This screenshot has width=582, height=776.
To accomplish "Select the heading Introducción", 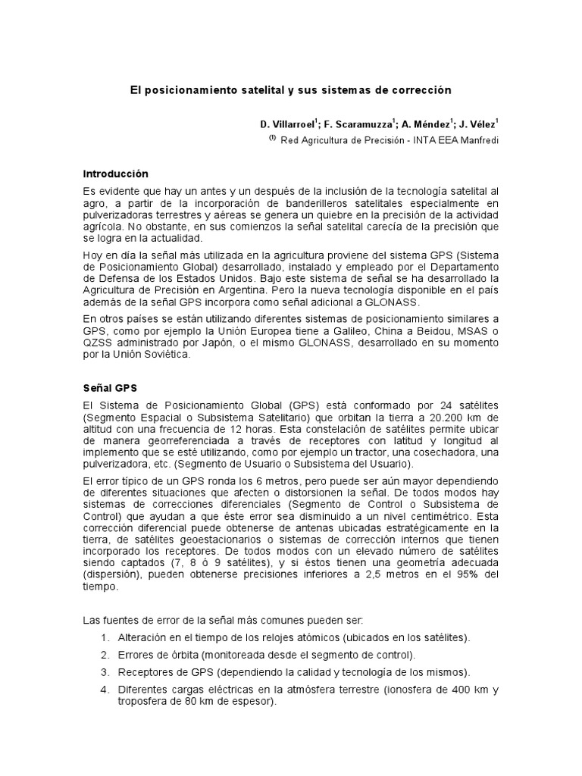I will [116, 174].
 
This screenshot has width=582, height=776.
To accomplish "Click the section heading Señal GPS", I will [108, 387].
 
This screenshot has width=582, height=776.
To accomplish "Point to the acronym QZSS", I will [96, 347].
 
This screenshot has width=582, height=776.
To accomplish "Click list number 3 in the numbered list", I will [105, 672].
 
